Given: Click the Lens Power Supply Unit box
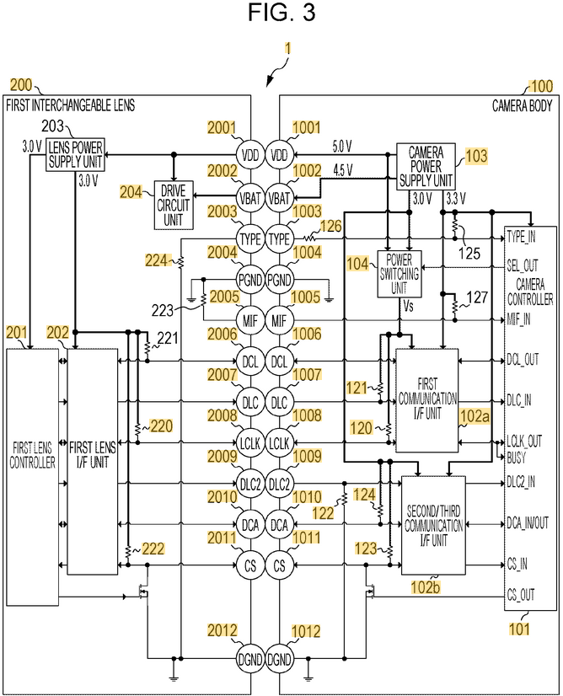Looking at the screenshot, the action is pos(76,154).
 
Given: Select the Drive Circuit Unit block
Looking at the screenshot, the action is pos(174,205).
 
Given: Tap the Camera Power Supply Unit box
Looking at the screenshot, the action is pos(426,167).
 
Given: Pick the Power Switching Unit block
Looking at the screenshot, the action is pos(399,274).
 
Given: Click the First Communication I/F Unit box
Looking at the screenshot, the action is pos(427,400).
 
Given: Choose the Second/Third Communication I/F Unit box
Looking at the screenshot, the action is pos(434,526).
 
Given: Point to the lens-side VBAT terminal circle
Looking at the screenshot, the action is pos(250,198).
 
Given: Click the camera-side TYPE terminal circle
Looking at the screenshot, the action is pos(279,239).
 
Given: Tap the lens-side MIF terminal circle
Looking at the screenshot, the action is pos(250,320).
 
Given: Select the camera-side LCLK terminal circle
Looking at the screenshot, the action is pos(279,443).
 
